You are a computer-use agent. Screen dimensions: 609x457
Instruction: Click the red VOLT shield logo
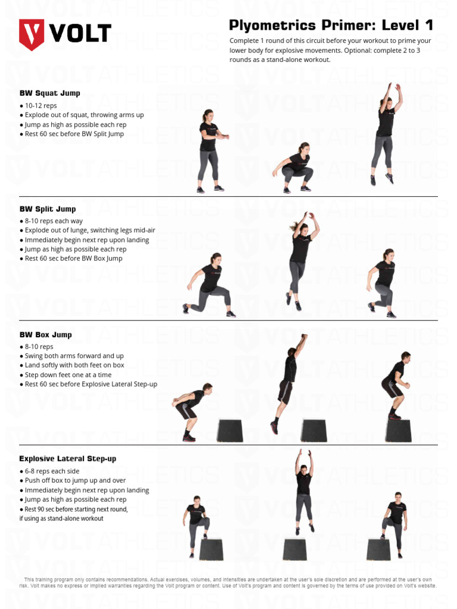coord(32,34)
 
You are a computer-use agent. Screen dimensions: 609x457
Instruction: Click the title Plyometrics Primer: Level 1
coord(331,26)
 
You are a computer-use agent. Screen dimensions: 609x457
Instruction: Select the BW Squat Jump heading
coord(49,93)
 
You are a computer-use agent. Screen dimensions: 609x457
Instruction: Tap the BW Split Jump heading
coord(48,209)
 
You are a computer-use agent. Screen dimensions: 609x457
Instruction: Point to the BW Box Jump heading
coord(45,335)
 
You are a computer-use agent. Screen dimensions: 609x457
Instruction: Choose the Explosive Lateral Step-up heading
coord(67,459)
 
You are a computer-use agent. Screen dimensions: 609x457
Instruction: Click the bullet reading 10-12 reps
coord(40,106)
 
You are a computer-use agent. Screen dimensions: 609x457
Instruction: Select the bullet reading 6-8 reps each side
coord(52,471)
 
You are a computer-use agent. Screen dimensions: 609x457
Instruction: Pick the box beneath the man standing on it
coord(398,431)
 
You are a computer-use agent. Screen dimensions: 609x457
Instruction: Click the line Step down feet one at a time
coord(68,375)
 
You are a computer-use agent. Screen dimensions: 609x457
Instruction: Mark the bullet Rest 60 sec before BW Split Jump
coord(74,134)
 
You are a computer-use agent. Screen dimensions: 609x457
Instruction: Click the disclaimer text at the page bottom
coord(228,582)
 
